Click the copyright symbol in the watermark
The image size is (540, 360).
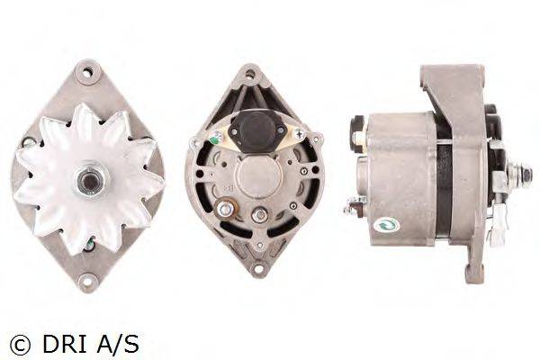20,346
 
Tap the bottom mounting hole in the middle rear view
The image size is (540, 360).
257,269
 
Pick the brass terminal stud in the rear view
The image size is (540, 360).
226,208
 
